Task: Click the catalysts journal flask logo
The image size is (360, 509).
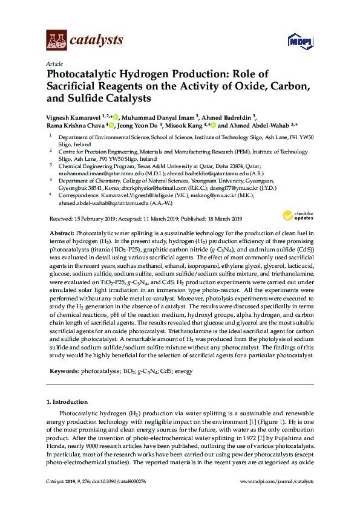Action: point(56,41)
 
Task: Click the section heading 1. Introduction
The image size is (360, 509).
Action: point(68,401)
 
